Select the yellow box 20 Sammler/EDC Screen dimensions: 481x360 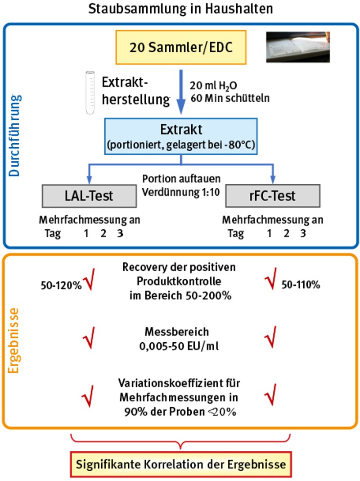(x=181, y=47)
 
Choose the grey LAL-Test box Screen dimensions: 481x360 (x=89, y=195)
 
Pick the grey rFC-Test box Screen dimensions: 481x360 (x=273, y=195)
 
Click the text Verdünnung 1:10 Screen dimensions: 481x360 (x=180, y=191)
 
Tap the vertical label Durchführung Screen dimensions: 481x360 (x=14, y=135)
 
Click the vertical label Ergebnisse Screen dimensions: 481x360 (x=14, y=340)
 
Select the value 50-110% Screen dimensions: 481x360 (x=300, y=285)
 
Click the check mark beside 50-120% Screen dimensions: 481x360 (x=88, y=283)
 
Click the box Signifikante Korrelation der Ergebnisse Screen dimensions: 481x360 (x=180, y=463)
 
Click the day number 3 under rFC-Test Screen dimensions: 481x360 (x=303, y=234)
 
